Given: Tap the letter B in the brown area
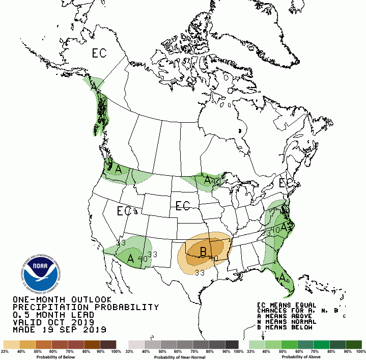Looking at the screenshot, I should (204, 251).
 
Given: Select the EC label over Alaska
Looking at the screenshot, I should (100, 53).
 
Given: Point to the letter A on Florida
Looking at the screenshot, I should (281, 278).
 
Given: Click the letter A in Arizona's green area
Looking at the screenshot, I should (131, 258).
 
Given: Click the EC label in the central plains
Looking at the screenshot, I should (182, 206).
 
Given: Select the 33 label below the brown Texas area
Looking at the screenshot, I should (200, 273).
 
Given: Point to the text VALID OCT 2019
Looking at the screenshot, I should (53, 322).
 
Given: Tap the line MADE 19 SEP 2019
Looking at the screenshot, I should (59, 330).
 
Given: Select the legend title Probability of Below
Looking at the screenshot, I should (60, 356).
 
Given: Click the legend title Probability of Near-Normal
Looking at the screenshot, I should (183, 356).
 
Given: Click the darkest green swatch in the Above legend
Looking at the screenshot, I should (354, 345).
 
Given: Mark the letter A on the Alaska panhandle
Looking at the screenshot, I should (94, 87).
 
